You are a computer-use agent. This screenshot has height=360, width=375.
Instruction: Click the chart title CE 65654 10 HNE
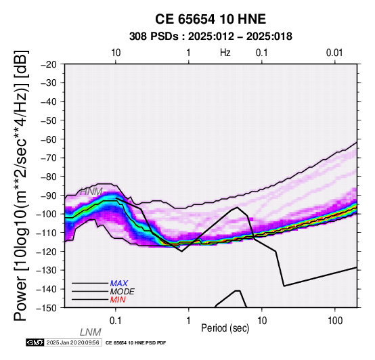(x=211, y=19)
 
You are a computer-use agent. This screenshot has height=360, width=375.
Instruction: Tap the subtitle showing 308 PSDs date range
(x=211, y=37)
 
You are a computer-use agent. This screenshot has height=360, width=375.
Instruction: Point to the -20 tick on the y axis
(x=49, y=64)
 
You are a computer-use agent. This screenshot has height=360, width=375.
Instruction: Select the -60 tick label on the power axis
(x=49, y=139)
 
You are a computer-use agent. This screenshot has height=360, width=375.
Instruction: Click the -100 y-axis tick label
(x=47, y=214)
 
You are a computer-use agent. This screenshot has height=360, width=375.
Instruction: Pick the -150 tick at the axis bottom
(x=47, y=308)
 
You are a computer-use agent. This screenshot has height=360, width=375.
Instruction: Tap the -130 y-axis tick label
(x=47, y=270)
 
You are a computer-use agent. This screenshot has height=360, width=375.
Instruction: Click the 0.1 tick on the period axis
(x=116, y=321)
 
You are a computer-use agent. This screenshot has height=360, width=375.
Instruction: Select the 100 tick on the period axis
(x=335, y=321)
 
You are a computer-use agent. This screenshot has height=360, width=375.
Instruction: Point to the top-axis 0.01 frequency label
(x=334, y=53)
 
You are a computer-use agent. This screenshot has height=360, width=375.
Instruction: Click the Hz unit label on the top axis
(x=225, y=53)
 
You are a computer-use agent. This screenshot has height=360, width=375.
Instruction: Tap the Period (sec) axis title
(x=225, y=328)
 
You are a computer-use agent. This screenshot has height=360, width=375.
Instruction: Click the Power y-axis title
(x=20, y=185)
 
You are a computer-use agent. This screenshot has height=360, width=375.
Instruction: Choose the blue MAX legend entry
(x=119, y=284)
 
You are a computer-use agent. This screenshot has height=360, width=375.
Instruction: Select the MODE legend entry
(x=123, y=292)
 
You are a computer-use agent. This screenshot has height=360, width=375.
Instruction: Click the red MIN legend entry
(x=118, y=300)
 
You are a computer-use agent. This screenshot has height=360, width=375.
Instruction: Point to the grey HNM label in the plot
(x=91, y=192)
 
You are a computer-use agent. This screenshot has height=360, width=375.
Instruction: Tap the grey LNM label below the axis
(x=91, y=332)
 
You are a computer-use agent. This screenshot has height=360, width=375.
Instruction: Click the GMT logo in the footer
(x=35, y=342)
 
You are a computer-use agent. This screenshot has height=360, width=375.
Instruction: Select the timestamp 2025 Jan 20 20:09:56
(x=72, y=342)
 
